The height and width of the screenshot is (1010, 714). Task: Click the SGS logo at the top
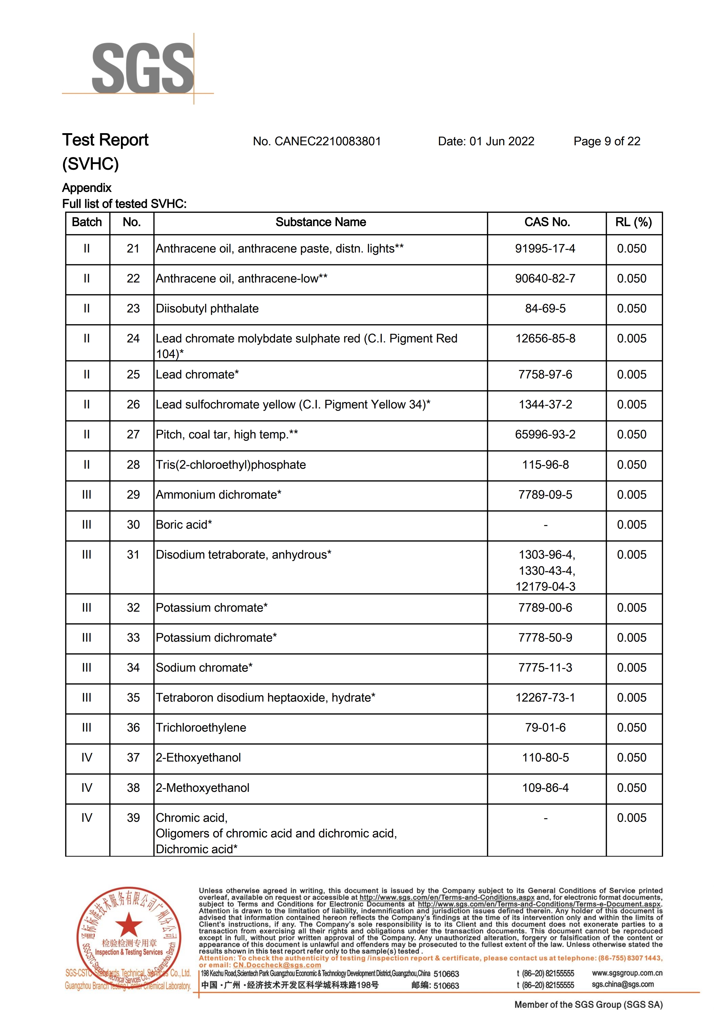tap(143, 68)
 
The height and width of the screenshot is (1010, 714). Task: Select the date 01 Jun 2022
tap(502, 142)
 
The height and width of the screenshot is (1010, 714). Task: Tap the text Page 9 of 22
tap(607, 142)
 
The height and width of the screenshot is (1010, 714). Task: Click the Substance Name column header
tap(321, 222)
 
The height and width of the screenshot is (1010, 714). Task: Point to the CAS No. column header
tap(547, 222)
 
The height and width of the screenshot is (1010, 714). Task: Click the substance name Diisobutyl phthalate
tap(207, 309)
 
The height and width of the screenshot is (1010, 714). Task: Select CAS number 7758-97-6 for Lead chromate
tap(545, 375)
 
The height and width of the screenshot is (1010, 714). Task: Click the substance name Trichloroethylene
tap(201, 728)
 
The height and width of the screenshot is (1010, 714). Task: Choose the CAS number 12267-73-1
tap(545, 698)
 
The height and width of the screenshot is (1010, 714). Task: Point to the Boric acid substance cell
tap(184, 525)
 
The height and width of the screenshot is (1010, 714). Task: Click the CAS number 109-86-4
tap(545, 788)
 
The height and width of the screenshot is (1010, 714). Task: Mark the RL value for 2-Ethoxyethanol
tap(631, 757)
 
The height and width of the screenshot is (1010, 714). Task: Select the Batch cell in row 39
tap(87, 818)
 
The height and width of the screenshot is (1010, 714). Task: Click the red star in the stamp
tap(128, 924)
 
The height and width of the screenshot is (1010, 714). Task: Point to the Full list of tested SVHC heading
tap(124, 204)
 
